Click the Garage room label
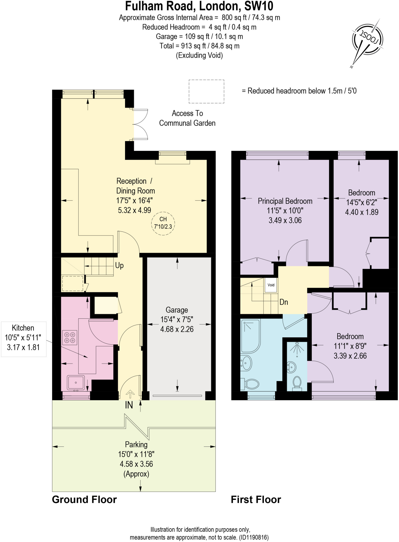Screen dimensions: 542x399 (x=177, y=310)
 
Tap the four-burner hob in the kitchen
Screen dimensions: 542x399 (x=70, y=337)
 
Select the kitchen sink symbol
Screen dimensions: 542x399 (x=76, y=383)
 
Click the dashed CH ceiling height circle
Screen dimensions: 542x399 (x=163, y=223)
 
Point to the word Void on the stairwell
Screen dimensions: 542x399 (x=271, y=285)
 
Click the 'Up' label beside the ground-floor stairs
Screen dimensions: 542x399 (x=119, y=265)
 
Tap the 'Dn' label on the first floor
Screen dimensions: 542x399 (x=283, y=302)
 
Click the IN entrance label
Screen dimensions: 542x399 (x=129, y=405)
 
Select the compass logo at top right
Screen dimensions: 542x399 (x=367, y=40)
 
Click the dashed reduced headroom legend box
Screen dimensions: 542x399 (x=206, y=91)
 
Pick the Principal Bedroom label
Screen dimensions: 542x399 (x=285, y=201)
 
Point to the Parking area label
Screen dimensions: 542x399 (x=136, y=444)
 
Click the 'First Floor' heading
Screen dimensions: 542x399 (x=256, y=499)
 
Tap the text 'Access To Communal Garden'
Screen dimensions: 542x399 (x=187, y=118)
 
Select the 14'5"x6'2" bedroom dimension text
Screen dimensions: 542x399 (x=361, y=202)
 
